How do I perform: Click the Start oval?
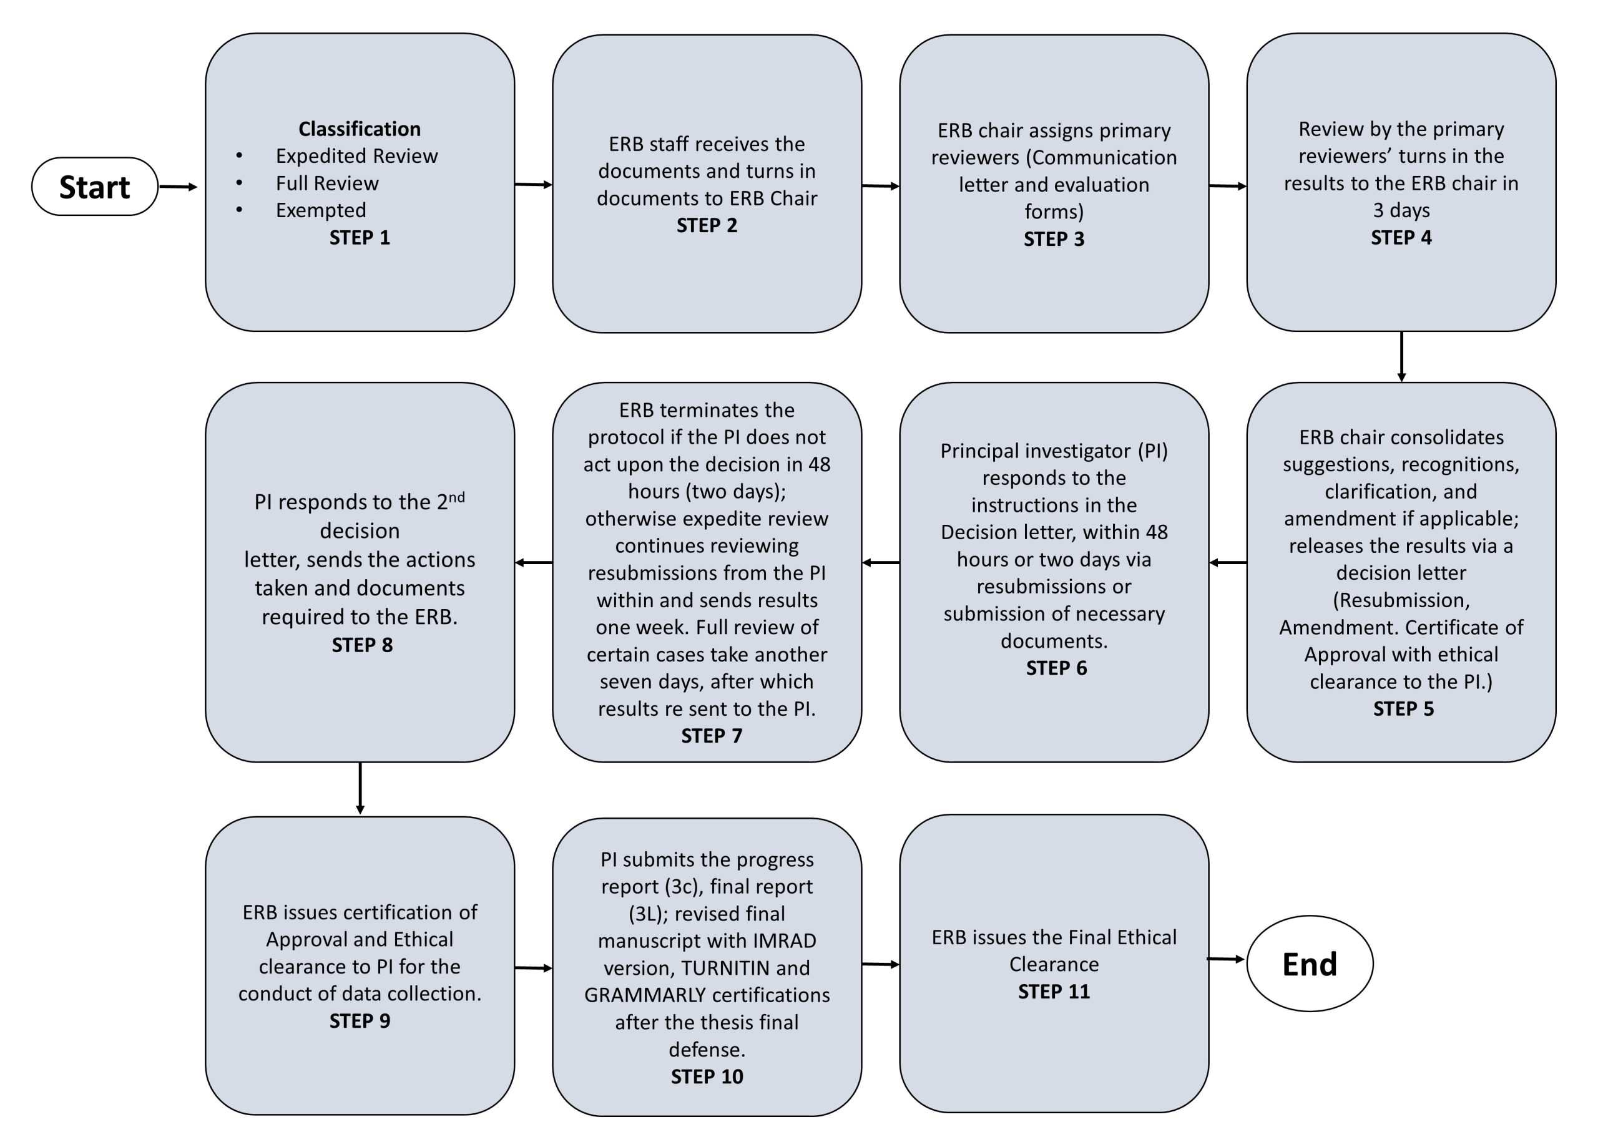(x=95, y=187)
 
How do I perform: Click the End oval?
(x=1310, y=964)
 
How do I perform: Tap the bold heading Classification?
(x=360, y=129)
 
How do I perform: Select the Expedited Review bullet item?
(x=356, y=155)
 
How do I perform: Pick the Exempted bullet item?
(x=321, y=210)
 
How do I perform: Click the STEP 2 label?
(x=707, y=225)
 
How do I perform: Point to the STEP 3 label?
(x=1054, y=239)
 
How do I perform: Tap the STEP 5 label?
(x=1403, y=709)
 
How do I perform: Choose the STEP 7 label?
(x=712, y=736)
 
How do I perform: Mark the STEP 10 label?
(x=707, y=1077)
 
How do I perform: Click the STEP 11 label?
(x=1054, y=991)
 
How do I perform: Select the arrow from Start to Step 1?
(x=179, y=187)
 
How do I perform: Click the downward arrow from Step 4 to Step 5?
(x=1401, y=357)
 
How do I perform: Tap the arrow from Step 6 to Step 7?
(x=881, y=562)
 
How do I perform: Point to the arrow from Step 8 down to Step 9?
(x=360, y=788)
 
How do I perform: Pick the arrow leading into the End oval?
(x=1227, y=960)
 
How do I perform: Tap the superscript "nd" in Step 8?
(x=457, y=497)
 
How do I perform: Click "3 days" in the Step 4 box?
(x=1401, y=210)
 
